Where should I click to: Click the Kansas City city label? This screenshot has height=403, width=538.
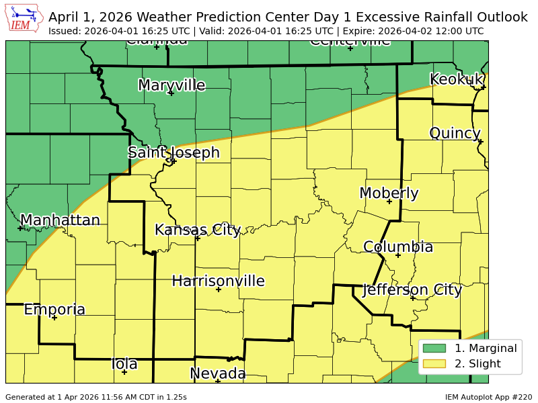click(198, 230)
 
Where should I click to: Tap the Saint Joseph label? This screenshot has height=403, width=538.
click(174, 152)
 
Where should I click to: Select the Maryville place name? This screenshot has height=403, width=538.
click(171, 85)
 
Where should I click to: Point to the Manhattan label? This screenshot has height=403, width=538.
click(60, 220)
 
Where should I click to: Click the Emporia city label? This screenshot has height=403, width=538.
click(54, 310)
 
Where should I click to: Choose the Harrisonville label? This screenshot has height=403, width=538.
click(218, 281)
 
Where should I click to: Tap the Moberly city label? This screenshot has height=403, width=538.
click(389, 193)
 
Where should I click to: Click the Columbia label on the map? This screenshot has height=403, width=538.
click(398, 247)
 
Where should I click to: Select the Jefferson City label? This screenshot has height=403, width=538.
click(412, 290)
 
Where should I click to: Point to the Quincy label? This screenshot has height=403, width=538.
click(455, 133)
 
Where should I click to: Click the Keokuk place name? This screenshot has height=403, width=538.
click(456, 79)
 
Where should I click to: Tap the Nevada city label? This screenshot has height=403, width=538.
click(217, 373)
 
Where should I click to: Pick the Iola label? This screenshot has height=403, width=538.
click(124, 364)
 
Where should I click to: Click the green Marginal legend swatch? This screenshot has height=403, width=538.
click(434, 348)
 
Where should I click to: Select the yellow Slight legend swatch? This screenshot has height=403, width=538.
click(434, 364)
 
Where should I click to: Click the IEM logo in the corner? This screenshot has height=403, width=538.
click(26, 19)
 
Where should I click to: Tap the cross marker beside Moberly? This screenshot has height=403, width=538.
click(389, 201)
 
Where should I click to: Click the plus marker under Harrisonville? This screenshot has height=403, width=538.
click(219, 289)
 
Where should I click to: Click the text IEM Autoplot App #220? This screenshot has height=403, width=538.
click(488, 397)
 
